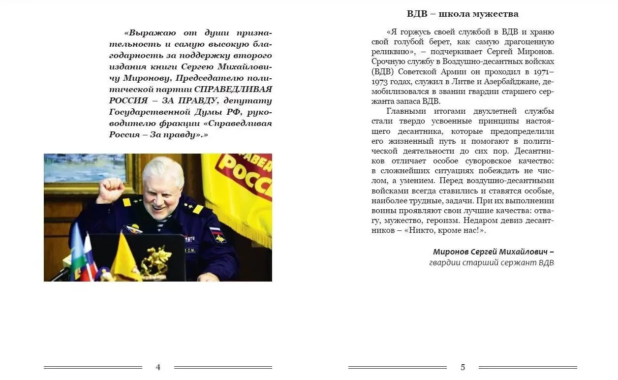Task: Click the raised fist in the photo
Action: (110, 189)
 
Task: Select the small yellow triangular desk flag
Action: (124, 258)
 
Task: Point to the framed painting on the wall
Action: (86, 170)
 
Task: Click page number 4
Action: (158, 367)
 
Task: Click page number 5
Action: (463, 367)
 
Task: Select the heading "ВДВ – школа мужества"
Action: (463, 14)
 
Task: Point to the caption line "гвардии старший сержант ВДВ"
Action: (492, 263)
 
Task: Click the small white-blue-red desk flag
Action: (89, 258)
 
